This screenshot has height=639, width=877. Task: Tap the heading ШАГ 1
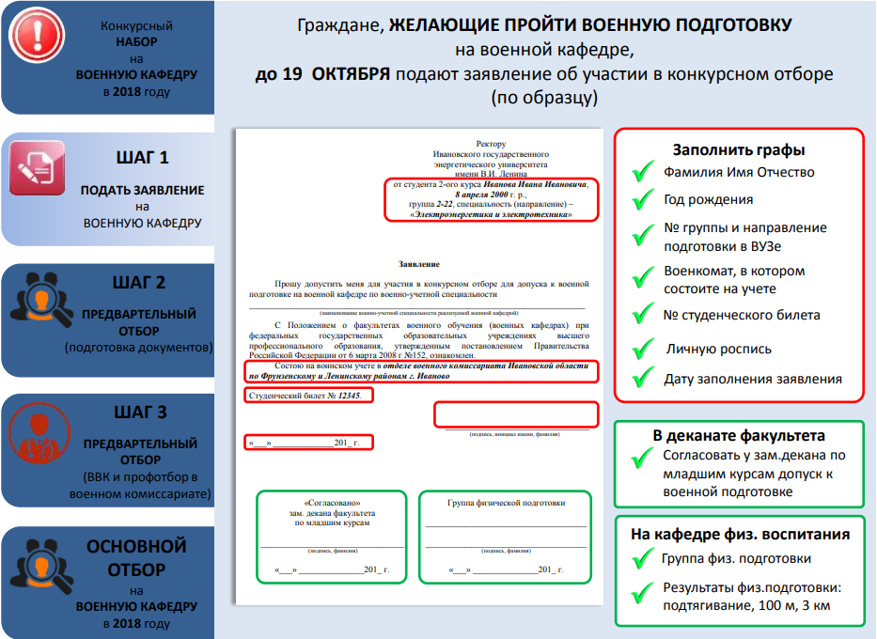pyautogui.click(x=142, y=158)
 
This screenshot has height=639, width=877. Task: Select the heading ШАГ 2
pyautogui.click(x=142, y=282)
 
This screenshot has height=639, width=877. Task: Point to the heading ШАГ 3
pyautogui.click(x=142, y=412)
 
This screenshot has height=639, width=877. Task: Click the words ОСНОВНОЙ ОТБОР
pyautogui.click(x=140, y=557)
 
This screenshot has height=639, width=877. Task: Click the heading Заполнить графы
pyautogui.click(x=738, y=149)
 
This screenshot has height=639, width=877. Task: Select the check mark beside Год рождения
pyautogui.click(x=643, y=200)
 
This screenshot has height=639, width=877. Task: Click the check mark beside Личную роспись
pyautogui.click(x=643, y=350)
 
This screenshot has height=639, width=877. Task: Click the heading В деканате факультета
pyautogui.click(x=739, y=436)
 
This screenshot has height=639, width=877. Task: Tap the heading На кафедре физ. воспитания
pyautogui.click(x=740, y=534)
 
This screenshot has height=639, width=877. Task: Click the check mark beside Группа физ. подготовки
pyautogui.click(x=643, y=560)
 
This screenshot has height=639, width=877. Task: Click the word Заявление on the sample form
pyautogui.click(x=418, y=265)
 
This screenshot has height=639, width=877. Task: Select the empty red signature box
pyautogui.click(x=515, y=414)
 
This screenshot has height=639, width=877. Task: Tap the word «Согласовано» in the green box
pyautogui.click(x=332, y=504)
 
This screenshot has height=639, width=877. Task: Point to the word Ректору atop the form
pyautogui.click(x=491, y=144)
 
